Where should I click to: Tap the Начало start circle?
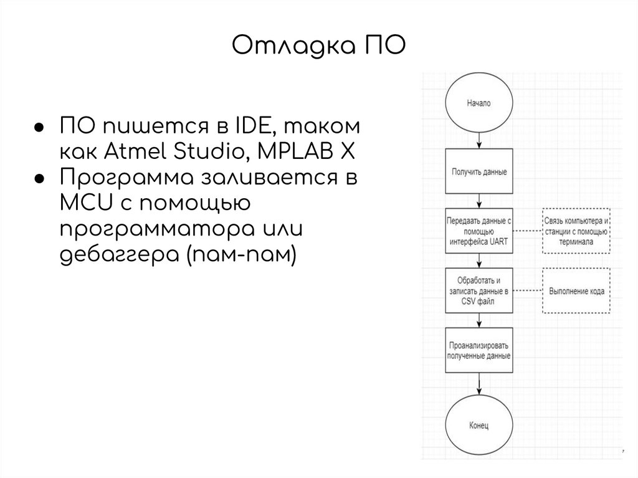[x=478, y=103]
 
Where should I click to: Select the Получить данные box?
[x=478, y=171]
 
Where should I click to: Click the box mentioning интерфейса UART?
[x=478, y=231]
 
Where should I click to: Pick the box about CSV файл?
[x=478, y=290]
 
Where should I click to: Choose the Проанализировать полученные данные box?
[x=478, y=350]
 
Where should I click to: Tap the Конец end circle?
[x=478, y=426]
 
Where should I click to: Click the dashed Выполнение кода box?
[x=576, y=290]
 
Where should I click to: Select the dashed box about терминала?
[x=576, y=231]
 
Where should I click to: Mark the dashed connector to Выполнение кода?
[x=527, y=290]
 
